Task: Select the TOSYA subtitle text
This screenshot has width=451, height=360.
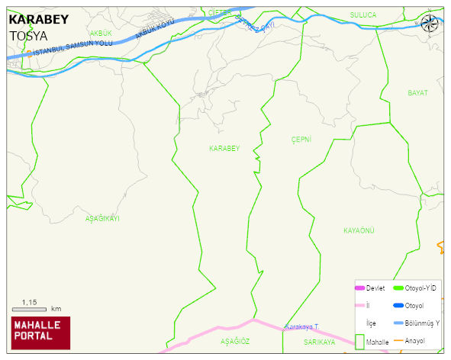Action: [28, 35]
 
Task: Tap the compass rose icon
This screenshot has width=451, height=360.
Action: [430, 24]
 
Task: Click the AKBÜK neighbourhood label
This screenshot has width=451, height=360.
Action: [101, 34]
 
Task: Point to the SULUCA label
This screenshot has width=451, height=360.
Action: [363, 14]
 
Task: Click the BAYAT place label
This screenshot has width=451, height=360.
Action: [417, 92]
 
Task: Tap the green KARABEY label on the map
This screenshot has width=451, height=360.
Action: [224, 148]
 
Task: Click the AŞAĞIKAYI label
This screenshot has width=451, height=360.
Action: [102, 218]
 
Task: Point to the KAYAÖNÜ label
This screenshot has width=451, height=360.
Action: [359, 230]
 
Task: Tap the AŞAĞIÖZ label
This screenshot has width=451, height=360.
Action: [235, 342]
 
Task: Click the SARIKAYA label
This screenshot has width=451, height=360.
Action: [316, 342]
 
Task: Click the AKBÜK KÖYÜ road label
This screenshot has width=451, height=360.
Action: [155, 31]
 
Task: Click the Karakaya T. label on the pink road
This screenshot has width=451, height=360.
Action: [301, 327]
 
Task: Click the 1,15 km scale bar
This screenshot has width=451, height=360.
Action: [34, 308]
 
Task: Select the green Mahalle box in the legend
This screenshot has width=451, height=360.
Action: [360, 342]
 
